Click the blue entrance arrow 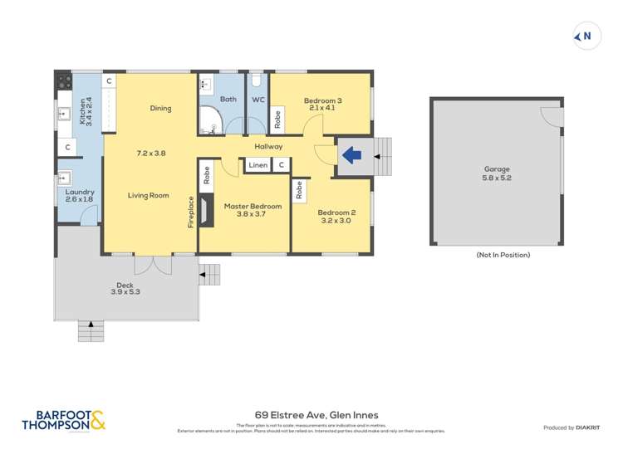point(352,154)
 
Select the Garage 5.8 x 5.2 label point(498,173)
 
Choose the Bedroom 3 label point(321,105)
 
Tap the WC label point(258,100)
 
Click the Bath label point(228,100)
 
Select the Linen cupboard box point(258,165)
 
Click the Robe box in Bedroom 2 point(299,191)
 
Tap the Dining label point(160,108)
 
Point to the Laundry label point(80,196)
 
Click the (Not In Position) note point(503,255)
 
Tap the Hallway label point(268,146)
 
